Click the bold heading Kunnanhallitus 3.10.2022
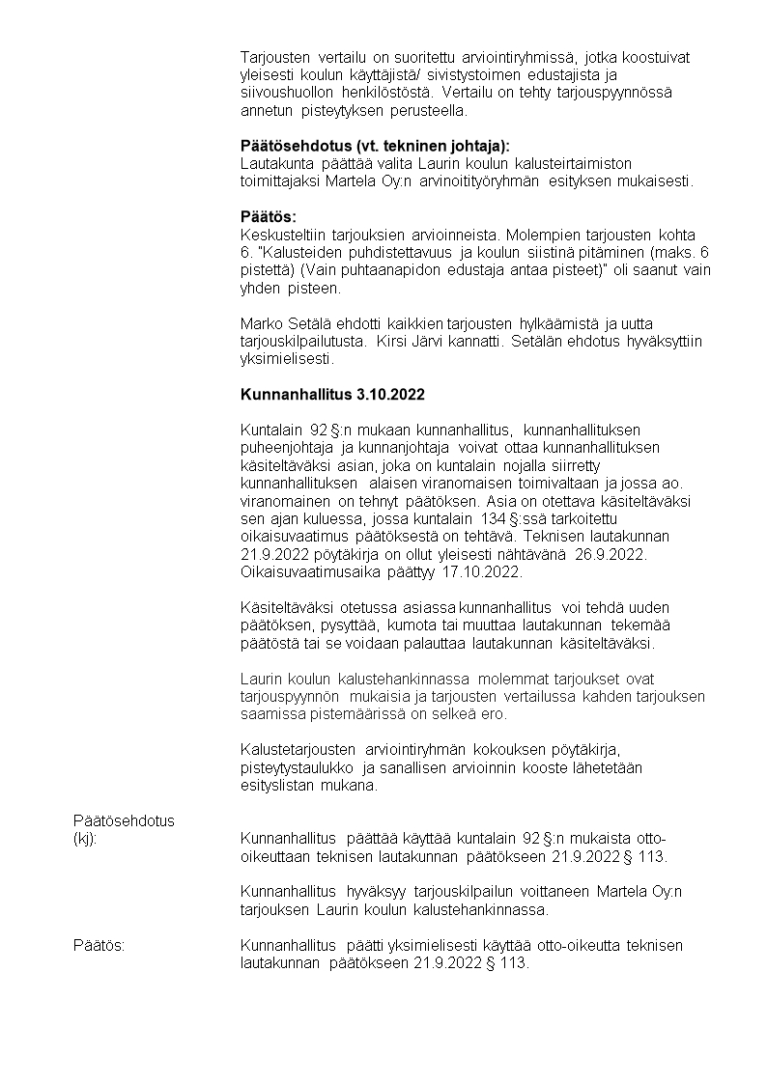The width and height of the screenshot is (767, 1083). click(331, 395)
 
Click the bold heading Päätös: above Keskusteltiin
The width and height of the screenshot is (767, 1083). click(268, 216)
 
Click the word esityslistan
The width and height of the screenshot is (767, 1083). click(274, 786)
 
